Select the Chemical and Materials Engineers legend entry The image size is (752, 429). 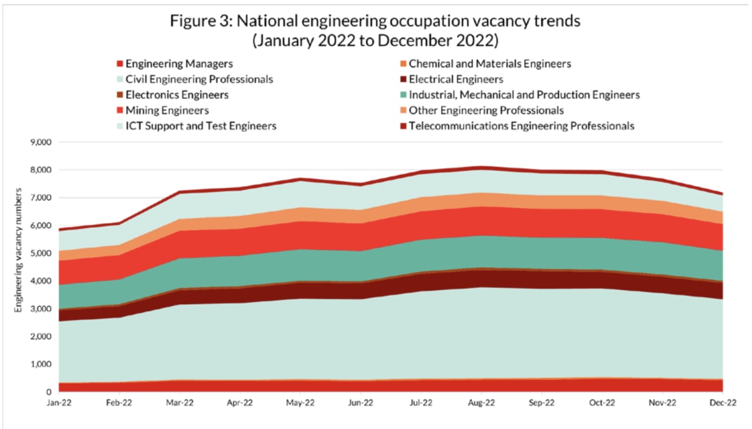pyautogui.click(x=489, y=64)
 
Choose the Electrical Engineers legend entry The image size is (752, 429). pyautogui.click(x=456, y=80)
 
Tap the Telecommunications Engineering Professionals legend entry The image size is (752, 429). pyautogui.click(x=521, y=126)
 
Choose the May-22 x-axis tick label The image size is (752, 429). pyautogui.click(x=300, y=403)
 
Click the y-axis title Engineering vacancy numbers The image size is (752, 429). pyautogui.click(x=19, y=267)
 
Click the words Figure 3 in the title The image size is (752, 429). pyautogui.click(x=198, y=21)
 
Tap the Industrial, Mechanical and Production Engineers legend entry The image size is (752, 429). pyautogui.click(x=524, y=95)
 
